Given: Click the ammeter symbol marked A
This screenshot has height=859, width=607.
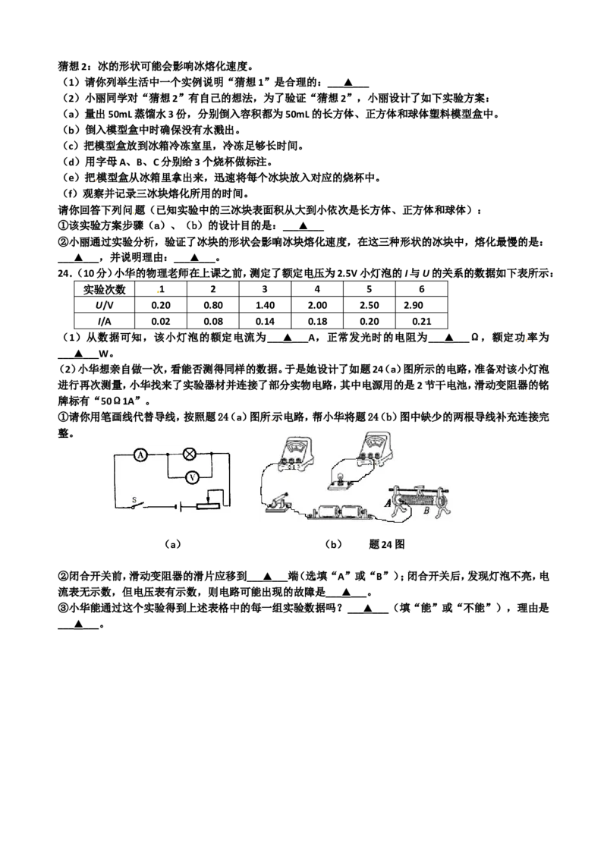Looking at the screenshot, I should click(139, 454).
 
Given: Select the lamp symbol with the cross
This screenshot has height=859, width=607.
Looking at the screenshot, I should click(190, 454).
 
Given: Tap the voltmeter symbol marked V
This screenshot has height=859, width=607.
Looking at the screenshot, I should click(193, 477).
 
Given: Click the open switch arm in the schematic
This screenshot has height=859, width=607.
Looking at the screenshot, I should click(139, 505).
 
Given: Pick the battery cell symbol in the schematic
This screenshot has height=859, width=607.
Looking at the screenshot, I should click(177, 505).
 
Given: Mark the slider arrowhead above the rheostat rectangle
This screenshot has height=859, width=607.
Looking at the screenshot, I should click(209, 498).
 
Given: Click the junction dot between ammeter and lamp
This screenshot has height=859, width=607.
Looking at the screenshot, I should click(166, 454).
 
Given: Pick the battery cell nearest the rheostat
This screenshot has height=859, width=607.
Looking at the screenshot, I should click(353, 513).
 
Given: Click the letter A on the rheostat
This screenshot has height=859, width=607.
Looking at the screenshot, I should click(388, 502).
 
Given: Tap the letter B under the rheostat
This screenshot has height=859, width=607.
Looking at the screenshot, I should click(426, 511).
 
